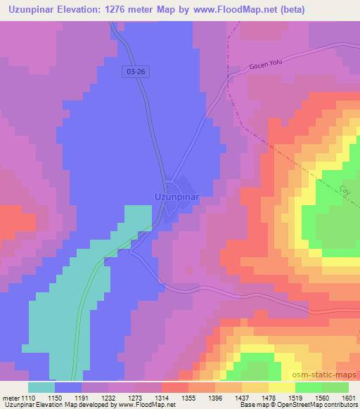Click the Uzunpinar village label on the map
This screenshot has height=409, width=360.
(x=176, y=197)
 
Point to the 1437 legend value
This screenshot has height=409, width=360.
(x=251, y=397)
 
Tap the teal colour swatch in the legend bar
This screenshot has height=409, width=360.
(x=41, y=387)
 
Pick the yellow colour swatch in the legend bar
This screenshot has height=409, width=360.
(x=282, y=387)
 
